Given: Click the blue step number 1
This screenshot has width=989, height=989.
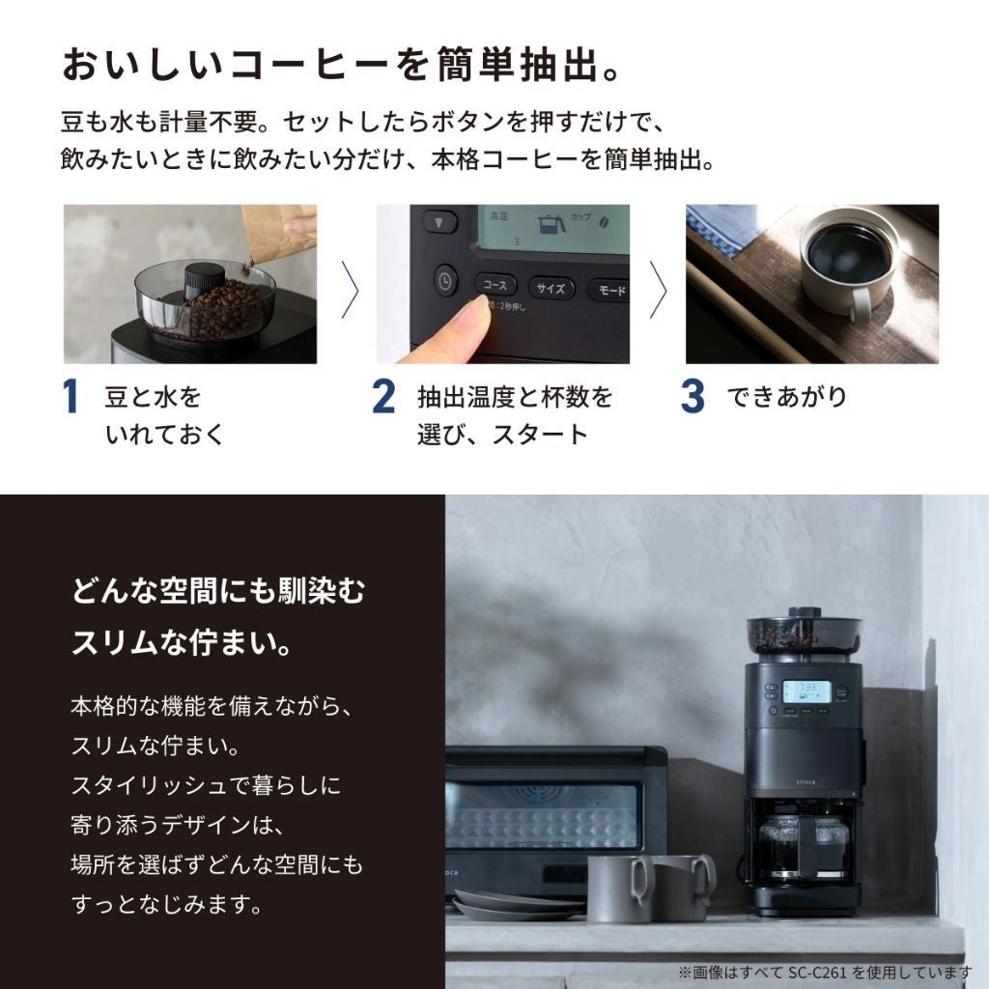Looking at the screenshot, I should pyautogui.click(x=70, y=398).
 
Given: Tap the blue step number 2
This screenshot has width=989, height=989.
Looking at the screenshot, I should pyautogui.click(x=383, y=398).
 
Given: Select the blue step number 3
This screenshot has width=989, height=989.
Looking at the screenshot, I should pyautogui.click(x=692, y=398).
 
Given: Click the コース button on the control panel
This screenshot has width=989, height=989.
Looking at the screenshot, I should pyautogui.click(x=494, y=286).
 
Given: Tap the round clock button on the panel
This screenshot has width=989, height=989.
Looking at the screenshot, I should pyautogui.click(x=445, y=280).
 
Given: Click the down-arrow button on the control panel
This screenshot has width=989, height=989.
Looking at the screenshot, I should pyautogui.click(x=439, y=222).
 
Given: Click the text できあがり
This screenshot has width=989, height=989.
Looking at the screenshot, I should pyautogui.click(x=786, y=398).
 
